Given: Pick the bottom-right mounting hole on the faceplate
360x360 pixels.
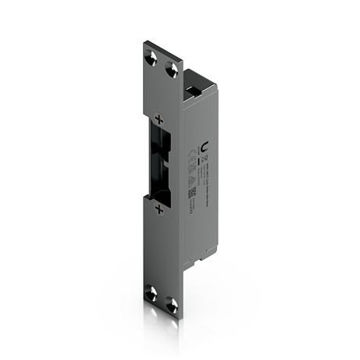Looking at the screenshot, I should [x=172, y=305].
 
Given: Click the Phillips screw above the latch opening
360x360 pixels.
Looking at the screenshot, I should [x=159, y=119].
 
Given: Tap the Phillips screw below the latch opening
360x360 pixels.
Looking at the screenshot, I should [x=159, y=209].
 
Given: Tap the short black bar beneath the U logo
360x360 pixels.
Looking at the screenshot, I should [x=205, y=157].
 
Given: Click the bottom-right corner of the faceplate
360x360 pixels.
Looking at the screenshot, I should [x=181, y=318].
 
